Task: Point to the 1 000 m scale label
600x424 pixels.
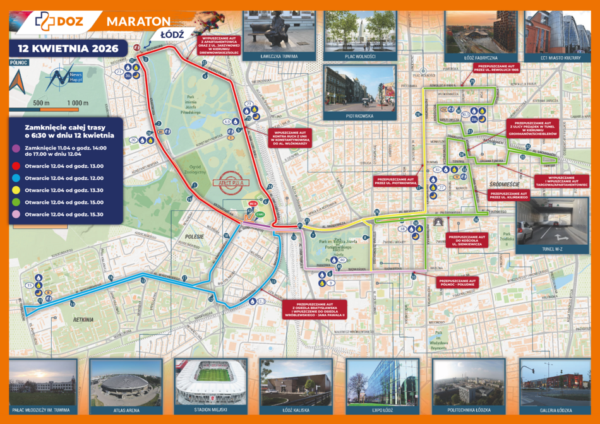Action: [x=78, y=102]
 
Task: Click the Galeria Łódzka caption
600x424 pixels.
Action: [x=546, y=409]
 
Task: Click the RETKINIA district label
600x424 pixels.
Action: [x=83, y=320]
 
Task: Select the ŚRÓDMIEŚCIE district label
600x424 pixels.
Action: [x=503, y=185]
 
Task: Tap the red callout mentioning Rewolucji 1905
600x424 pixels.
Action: [x=499, y=68]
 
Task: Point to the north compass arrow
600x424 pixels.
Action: [x=19, y=81]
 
